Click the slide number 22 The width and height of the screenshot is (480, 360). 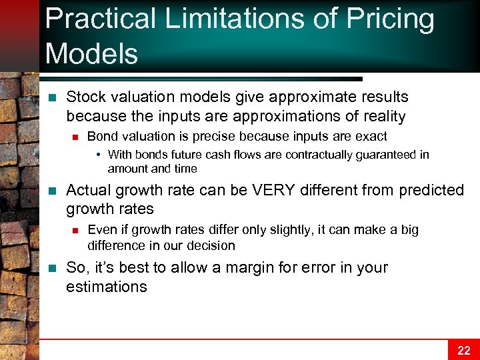pyautogui.click(x=463, y=351)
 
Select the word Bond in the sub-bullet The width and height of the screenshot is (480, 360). pyautogui.click(x=102, y=137)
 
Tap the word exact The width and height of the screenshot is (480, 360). pyautogui.click(x=372, y=137)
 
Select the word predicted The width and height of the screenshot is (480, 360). pyautogui.click(x=431, y=190)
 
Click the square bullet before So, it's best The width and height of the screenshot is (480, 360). pyautogui.click(x=54, y=268)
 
